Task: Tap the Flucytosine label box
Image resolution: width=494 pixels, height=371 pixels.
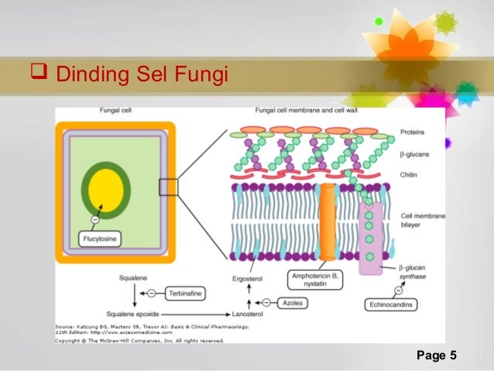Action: (101, 239)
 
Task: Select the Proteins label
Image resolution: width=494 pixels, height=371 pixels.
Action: (413, 132)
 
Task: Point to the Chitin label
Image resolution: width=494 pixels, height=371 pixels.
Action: (409, 175)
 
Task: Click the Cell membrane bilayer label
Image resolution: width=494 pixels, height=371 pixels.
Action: (422, 221)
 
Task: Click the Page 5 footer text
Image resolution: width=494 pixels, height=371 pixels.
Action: (437, 356)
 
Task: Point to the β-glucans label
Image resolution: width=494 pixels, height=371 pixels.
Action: (414, 154)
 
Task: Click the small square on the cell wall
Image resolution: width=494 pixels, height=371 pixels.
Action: (168, 187)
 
